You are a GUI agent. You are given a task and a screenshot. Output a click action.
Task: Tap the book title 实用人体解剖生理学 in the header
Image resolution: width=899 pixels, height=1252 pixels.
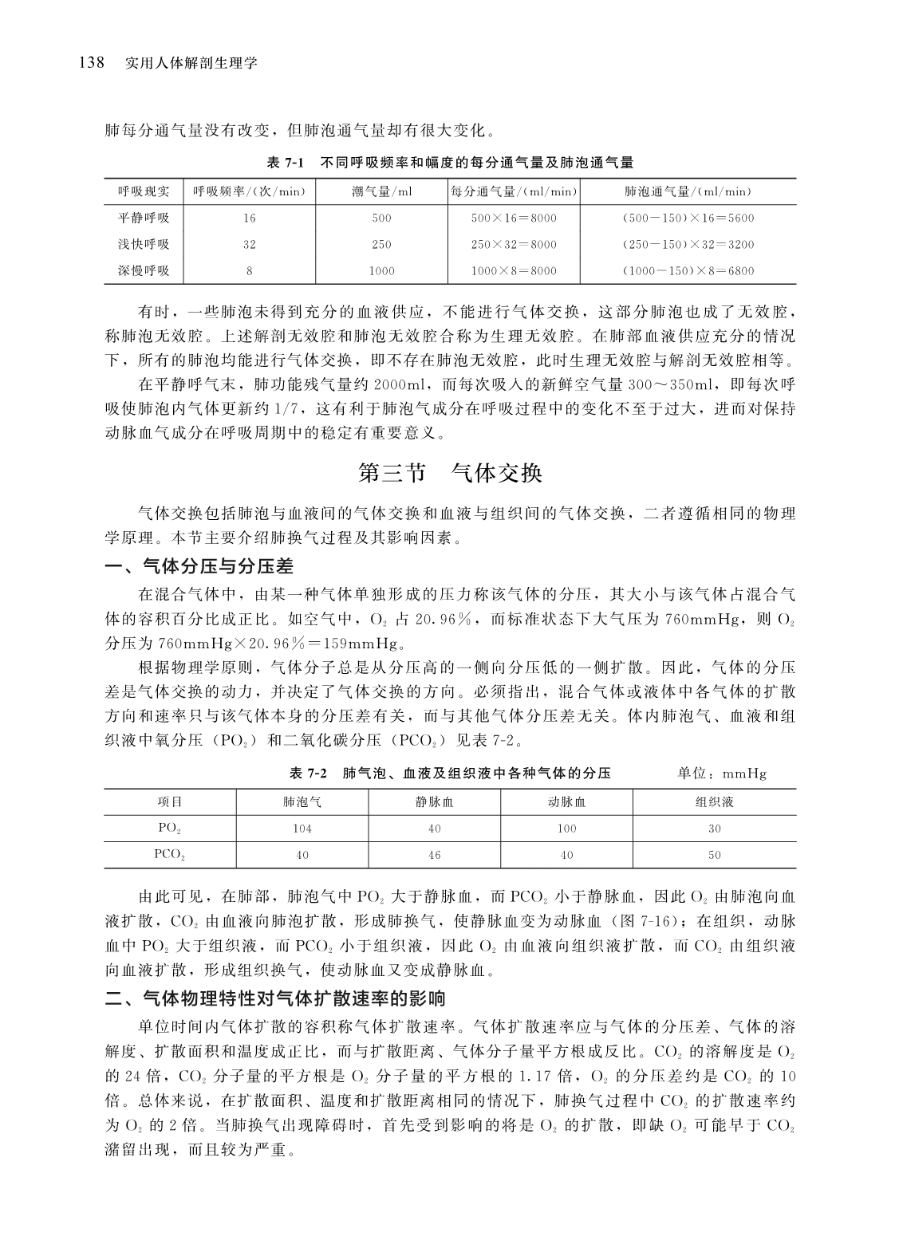[191, 63]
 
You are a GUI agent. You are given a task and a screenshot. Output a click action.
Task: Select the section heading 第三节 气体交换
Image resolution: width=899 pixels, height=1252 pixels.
[450, 473]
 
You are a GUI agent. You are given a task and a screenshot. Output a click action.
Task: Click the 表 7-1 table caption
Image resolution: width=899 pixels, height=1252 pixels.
[449, 163]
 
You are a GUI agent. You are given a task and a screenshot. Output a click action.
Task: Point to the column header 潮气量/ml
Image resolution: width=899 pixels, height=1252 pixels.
[381, 191]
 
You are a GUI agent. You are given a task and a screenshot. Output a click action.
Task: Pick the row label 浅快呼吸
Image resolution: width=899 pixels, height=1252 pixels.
[144, 244]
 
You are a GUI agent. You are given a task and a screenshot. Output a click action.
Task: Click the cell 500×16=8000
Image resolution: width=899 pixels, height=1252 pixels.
[514, 218]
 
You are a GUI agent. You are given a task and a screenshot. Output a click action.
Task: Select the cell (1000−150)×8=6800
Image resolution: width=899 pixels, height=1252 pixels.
[688, 270]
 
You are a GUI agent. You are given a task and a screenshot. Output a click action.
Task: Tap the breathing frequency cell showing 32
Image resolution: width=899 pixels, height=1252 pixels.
[250, 244]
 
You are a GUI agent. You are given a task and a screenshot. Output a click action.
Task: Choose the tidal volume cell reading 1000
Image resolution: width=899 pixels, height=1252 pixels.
[381, 270]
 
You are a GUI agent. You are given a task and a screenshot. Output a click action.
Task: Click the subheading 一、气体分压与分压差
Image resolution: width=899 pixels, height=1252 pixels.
[199, 567]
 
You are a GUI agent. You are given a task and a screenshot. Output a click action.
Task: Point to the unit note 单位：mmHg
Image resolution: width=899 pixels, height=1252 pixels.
[721, 774]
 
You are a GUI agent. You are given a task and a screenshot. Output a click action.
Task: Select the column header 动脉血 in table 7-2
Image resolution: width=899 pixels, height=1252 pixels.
[566, 802]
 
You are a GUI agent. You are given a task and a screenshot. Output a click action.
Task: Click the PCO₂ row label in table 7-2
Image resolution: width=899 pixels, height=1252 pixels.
[170, 855]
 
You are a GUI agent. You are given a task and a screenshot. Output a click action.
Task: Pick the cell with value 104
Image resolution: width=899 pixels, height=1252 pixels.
[302, 829]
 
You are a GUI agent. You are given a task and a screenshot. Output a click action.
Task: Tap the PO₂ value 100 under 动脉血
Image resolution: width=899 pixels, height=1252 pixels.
[566, 829]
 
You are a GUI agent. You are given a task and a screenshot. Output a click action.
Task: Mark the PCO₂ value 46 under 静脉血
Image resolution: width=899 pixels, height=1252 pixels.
[434, 855]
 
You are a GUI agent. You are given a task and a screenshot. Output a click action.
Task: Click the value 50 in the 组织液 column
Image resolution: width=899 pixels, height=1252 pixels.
[714, 855]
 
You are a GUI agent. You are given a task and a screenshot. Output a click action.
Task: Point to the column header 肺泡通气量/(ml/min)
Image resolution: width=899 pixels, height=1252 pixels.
[688, 191]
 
